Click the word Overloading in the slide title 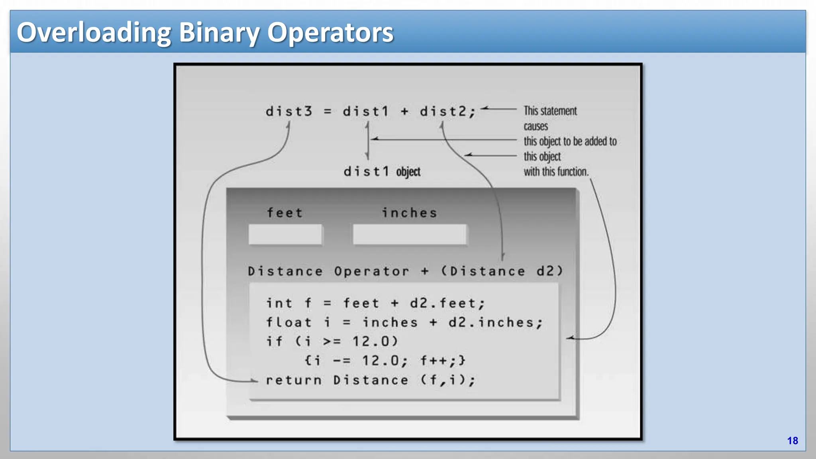click(x=94, y=33)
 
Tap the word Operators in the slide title click(x=330, y=33)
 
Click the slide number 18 click(x=792, y=441)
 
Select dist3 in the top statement click(x=289, y=112)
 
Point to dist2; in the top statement click(x=447, y=112)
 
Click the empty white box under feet click(x=285, y=234)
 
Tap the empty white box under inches click(x=409, y=234)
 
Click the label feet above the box click(x=284, y=213)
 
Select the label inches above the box click(x=409, y=213)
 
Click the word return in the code click(x=294, y=380)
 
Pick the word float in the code click(x=288, y=322)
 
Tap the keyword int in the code click(x=279, y=303)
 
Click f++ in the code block click(x=435, y=361)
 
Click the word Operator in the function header click(x=371, y=271)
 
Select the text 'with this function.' click(x=556, y=172)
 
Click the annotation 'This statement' click(x=550, y=111)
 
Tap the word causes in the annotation click(x=535, y=126)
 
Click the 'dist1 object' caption click(x=382, y=172)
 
